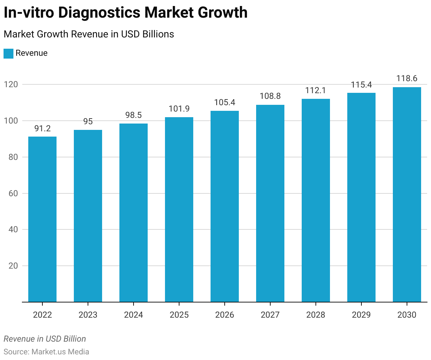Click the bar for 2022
click(x=42, y=219)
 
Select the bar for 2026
click(x=225, y=206)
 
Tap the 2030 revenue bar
click(x=407, y=194)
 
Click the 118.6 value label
click(x=407, y=78)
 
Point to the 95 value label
click(x=88, y=121)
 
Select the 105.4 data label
click(x=225, y=102)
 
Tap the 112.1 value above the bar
click(x=316, y=90)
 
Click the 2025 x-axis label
click(x=179, y=315)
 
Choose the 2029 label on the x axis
click(x=361, y=315)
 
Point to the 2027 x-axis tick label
click(x=270, y=315)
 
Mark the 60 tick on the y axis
click(x=13, y=193)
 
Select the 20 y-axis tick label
click(x=13, y=266)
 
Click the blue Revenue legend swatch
click(x=8, y=53)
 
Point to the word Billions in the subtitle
click(x=158, y=34)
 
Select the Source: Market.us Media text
click(x=46, y=352)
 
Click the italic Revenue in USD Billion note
click(x=45, y=339)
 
